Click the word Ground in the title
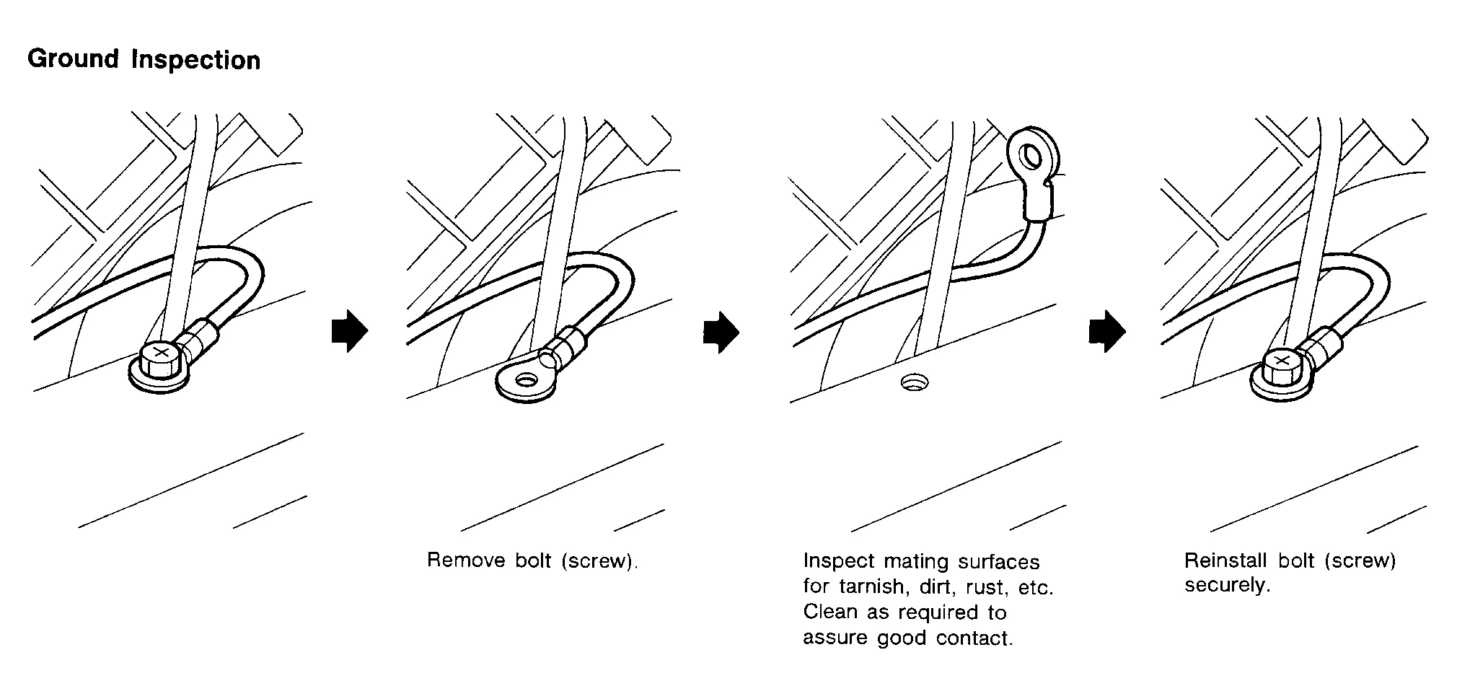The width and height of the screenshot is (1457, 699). (x=73, y=58)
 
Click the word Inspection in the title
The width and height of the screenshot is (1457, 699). (x=195, y=60)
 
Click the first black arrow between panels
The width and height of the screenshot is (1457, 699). (x=350, y=332)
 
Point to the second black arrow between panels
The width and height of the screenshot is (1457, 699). (x=721, y=332)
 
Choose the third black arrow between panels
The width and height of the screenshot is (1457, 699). (x=1106, y=332)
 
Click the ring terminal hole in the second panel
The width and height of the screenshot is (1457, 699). (x=527, y=379)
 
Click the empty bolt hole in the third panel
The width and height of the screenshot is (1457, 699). (x=915, y=382)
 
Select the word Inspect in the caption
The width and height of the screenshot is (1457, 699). (x=837, y=561)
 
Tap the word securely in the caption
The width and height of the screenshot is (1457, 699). (x=1226, y=585)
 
